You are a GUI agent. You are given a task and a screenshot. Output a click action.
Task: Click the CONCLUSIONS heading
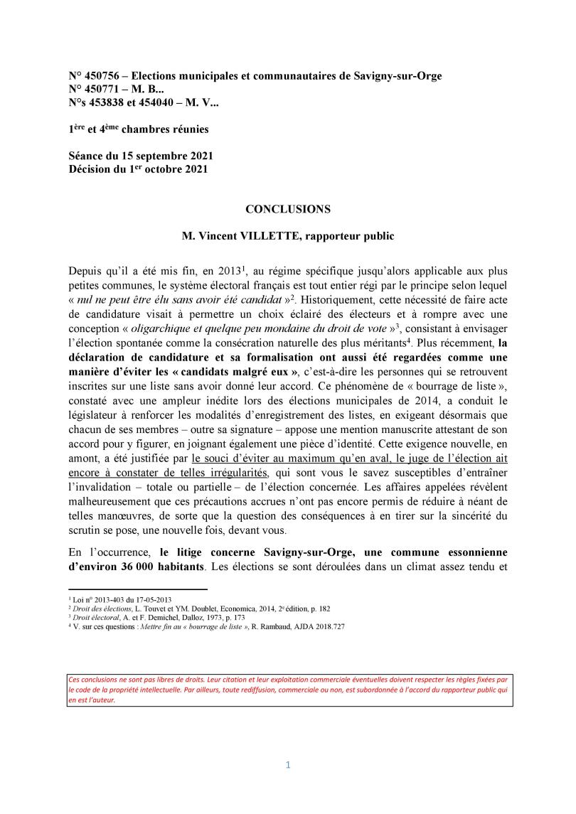288,210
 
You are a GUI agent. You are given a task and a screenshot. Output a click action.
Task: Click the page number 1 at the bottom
288,765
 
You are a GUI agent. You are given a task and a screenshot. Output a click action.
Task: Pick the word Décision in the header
91,169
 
